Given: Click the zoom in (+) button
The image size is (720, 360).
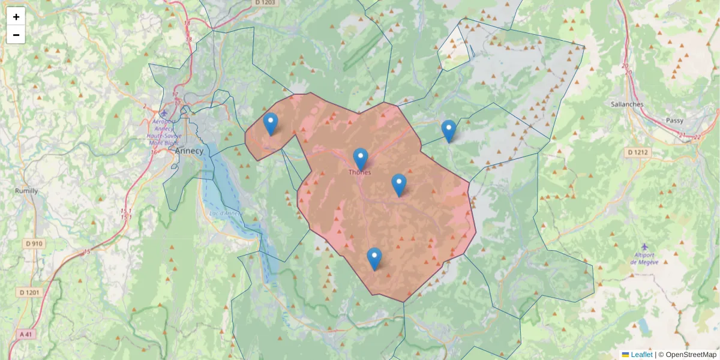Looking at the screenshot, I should (16, 17).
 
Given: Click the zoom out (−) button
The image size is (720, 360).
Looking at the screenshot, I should (16, 35).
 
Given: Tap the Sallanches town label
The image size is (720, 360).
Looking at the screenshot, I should (627, 104).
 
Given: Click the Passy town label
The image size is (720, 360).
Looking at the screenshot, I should (674, 120).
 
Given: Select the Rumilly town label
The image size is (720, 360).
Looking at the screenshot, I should (26, 191).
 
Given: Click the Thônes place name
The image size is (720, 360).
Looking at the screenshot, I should (360, 172).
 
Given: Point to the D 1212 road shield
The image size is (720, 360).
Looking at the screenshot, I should (638, 152).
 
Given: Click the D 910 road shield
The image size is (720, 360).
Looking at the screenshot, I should (34, 244).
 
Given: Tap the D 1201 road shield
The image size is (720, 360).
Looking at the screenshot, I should (29, 292).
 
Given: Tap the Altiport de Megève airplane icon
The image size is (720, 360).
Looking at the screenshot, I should (644, 247).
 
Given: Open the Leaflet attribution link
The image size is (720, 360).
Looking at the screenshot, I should (641, 355).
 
